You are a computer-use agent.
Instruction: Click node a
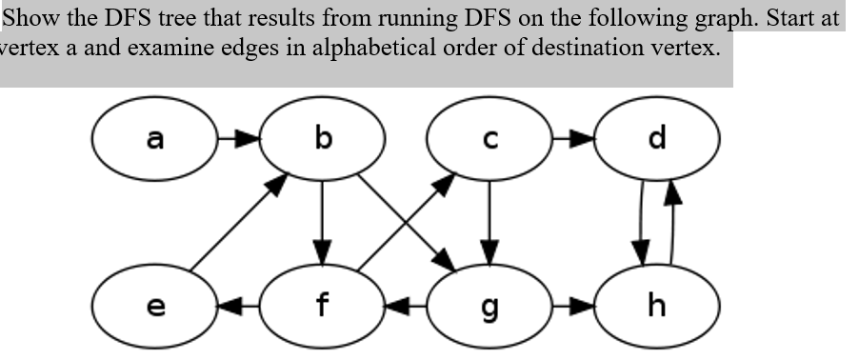[155, 140]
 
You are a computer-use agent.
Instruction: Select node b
[323, 140]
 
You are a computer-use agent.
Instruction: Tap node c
[489, 140]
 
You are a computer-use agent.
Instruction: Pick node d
[656, 140]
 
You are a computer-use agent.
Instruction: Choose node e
[155, 307]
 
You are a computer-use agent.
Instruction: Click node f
[323, 307]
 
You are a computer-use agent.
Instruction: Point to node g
[489, 307]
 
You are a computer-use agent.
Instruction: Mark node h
[656, 307]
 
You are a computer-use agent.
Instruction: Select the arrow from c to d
[573, 140]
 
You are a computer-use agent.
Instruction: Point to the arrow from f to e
[239, 307]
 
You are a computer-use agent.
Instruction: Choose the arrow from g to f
[406, 307]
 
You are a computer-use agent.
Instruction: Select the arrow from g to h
[573, 307]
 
